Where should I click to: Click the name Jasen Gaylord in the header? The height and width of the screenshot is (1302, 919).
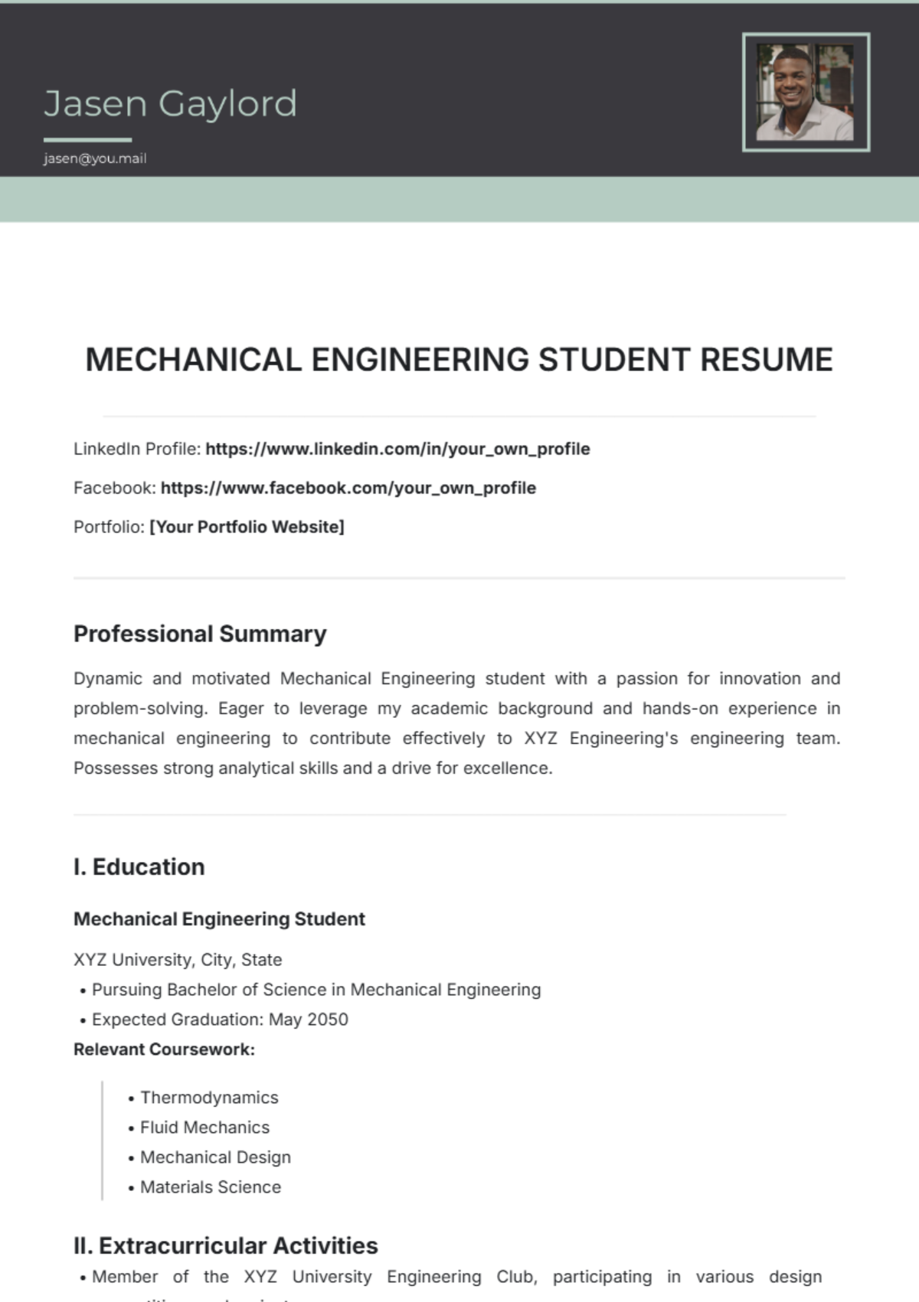point(170,104)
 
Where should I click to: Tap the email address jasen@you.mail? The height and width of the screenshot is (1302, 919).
point(95,158)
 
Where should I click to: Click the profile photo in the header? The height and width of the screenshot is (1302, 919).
point(805,93)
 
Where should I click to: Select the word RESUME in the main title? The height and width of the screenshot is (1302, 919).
point(766,360)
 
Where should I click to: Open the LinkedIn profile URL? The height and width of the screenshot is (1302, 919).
point(397,449)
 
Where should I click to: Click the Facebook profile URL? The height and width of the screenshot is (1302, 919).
point(348,488)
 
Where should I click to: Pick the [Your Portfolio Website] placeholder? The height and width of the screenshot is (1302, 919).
point(247,527)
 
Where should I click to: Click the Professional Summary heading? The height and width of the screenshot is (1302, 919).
point(200,634)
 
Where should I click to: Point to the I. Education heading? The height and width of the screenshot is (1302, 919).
point(139,866)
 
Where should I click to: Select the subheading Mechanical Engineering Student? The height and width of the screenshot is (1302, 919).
point(219,919)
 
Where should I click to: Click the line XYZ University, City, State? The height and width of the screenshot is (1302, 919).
point(178,959)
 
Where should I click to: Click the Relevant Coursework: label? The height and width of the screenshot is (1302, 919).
point(164,1049)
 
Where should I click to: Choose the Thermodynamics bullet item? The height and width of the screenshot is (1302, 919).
point(209,1097)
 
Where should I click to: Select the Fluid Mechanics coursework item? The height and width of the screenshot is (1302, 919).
point(204,1127)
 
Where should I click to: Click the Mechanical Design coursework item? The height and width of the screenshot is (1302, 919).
point(215,1157)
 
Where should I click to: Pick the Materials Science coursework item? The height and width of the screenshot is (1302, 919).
point(211,1186)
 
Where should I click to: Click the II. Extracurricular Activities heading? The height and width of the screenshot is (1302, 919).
point(226,1245)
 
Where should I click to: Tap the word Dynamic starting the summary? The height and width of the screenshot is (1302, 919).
point(108,678)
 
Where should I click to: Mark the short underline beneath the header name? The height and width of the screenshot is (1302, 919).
point(87,140)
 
